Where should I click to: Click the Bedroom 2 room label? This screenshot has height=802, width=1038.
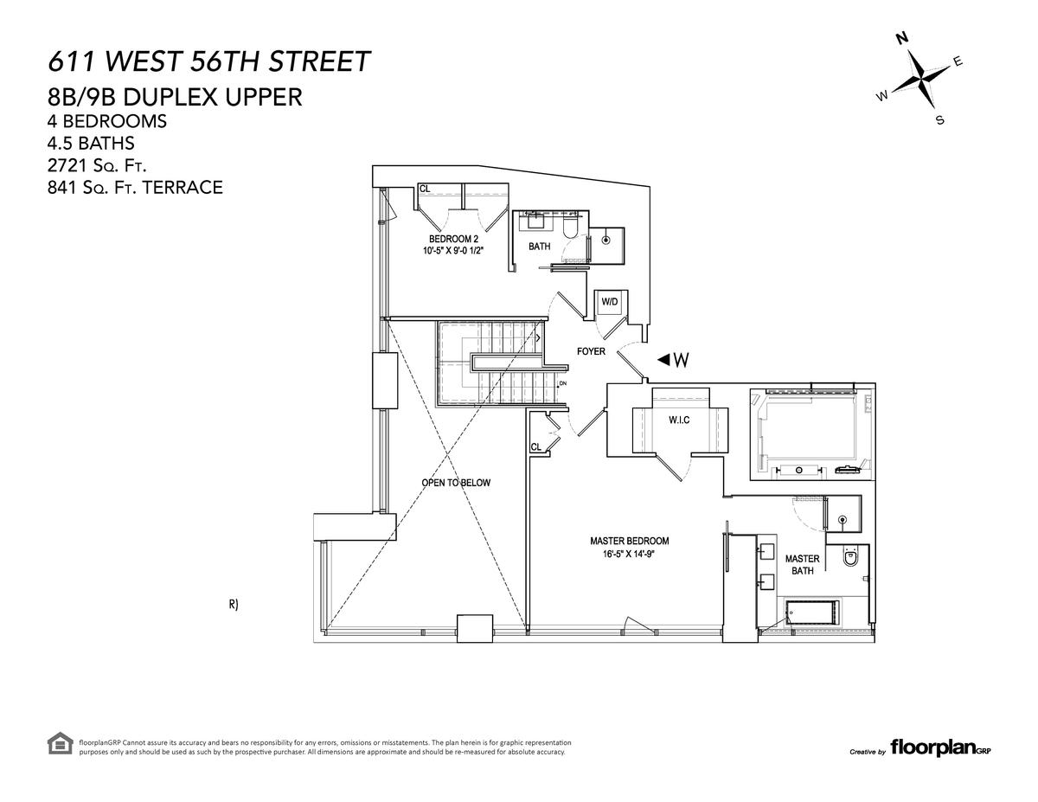pos(453,239)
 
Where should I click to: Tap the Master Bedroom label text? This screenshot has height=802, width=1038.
pos(629,541)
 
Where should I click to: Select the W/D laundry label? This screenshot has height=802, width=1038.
pos(609,302)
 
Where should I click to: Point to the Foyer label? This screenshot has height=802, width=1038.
pos(591,351)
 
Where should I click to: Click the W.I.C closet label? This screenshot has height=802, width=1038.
pos(679,420)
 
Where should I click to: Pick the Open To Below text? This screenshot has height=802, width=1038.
pos(456,483)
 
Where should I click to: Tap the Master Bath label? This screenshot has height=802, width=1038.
pos(802,564)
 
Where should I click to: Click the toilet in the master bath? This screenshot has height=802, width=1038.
pos(850,556)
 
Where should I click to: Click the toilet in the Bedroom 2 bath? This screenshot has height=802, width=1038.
pos(570,228)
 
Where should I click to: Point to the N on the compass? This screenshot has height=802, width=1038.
pos(902,38)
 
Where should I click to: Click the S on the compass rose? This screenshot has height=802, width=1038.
pos(939,120)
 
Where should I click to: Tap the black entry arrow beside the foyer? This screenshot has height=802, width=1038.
pos(663,359)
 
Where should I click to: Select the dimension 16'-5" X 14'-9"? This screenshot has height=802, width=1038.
pos(627,554)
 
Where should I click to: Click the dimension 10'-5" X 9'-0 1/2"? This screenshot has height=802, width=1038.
pos(453,250)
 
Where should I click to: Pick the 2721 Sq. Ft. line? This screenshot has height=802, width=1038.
pos(97,165)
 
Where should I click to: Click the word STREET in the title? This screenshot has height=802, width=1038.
pos(318,61)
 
